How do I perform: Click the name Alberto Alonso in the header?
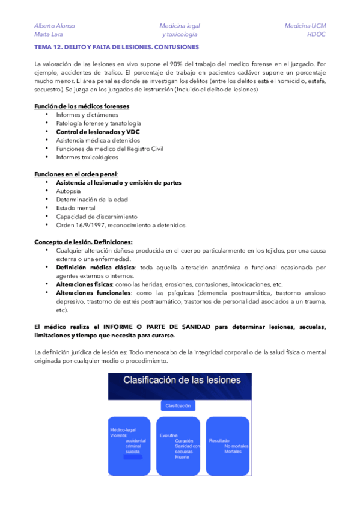(55, 26)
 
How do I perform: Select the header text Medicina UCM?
(305, 26)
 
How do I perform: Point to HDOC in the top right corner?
(316, 34)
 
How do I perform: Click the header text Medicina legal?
(180, 26)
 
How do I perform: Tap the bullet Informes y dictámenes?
(87, 115)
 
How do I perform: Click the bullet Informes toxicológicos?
(87, 158)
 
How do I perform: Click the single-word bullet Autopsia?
(70, 191)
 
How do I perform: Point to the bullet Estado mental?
(76, 208)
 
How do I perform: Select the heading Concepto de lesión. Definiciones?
(84, 242)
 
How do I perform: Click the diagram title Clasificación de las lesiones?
(182, 380)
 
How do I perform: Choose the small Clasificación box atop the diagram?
(178, 405)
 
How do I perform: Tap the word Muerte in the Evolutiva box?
(182, 457)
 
